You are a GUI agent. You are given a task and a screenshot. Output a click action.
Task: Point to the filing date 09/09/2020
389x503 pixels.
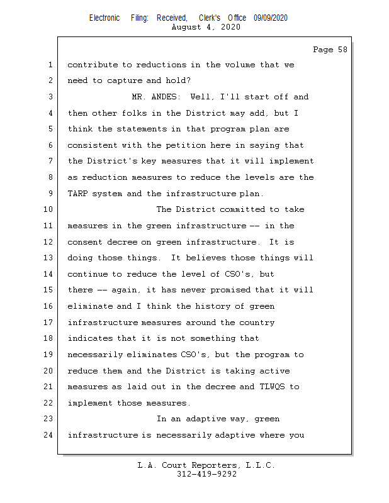pos(271,18)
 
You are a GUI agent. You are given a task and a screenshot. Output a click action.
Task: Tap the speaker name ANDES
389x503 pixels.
pos(166,97)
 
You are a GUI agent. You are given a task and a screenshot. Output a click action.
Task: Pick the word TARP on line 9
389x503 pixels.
pos(77,194)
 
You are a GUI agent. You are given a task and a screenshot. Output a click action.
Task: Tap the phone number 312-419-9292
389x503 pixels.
pos(206,474)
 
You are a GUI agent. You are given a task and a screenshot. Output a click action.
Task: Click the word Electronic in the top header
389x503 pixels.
pos(104,18)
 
